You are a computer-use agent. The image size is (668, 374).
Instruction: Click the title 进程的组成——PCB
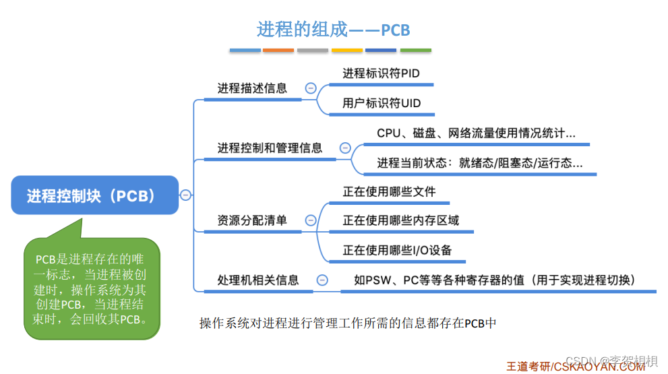[x=333, y=30]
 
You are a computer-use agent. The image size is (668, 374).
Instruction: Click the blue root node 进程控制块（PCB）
[x=95, y=195]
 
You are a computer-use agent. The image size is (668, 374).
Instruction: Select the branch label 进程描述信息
[x=252, y=88]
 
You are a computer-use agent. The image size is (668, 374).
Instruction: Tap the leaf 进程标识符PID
[x=381, y=73]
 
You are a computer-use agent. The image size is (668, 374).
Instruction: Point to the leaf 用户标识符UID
[x=382, y=102]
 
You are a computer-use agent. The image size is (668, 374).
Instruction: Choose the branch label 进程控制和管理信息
[x=270, y=148]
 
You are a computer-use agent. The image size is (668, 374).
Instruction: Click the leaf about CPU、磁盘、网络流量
[x=476, y=133]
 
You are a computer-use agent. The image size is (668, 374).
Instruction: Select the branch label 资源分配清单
[x=252, y=220]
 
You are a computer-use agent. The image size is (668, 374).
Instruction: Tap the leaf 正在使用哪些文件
[x=389, y=191]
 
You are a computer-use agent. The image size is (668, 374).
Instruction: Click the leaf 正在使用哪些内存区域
[x=400, y=220]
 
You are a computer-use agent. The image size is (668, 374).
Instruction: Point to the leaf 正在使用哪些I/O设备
[x=397, y=250]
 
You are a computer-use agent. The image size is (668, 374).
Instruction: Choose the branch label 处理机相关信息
[x=258, y=280]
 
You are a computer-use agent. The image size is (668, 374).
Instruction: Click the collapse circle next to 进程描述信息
[x=311, y=88]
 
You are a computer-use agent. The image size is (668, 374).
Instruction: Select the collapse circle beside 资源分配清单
[x=311, y=220]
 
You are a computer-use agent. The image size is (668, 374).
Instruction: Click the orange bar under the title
[x=278, y=51]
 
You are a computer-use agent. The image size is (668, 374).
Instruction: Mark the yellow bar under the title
[x=347, y=51]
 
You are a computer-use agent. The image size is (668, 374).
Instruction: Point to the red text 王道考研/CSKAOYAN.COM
[x=576, y=366]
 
